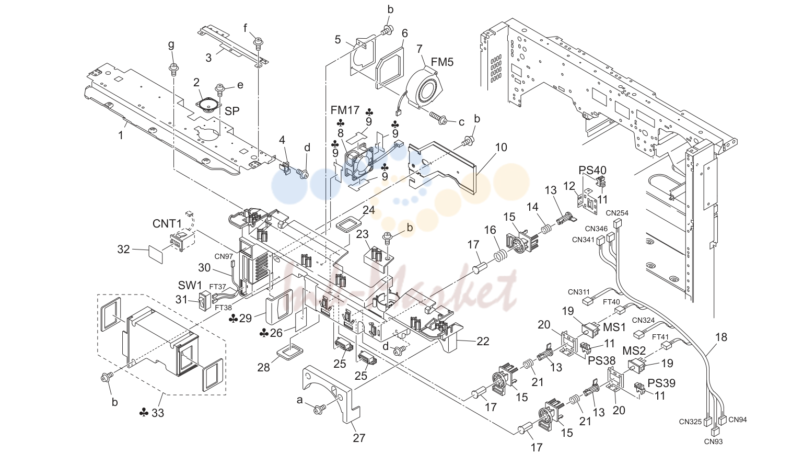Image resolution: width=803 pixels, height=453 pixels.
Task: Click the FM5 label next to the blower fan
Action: tap(442, 62)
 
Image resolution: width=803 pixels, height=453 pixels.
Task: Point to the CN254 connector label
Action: tap(617, 213)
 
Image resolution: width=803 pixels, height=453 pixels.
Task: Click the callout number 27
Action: tap(359, 438)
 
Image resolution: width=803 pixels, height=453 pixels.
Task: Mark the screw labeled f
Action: tap(259, 44)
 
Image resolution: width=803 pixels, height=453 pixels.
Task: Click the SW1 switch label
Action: tap(190, 286)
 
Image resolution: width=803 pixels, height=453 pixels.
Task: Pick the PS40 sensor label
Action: tap(592, 170)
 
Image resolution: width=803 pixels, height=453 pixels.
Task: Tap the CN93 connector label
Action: tap(713, 441)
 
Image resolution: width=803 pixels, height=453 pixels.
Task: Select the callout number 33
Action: tap(158, 413)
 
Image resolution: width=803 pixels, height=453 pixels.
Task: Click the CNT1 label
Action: tap(167, 224)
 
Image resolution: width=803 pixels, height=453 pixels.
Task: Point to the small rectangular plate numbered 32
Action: tap(156, 254)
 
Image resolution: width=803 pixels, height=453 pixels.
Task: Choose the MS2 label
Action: tap(634, 350)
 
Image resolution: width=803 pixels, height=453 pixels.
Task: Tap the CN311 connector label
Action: tap(578, 292)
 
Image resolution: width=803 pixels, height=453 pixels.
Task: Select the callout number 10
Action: tap(501, 147)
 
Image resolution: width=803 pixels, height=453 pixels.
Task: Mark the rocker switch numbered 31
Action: tap(204, 300)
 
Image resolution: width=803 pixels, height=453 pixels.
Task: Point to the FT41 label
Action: tap(660, 337)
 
